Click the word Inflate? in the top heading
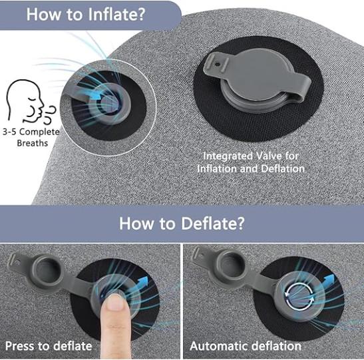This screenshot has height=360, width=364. point(116,15)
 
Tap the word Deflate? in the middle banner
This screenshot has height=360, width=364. point(213,224)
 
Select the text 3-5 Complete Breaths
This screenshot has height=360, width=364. point(31,137)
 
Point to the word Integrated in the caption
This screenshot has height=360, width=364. point(228,156)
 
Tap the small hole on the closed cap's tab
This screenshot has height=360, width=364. point(217,65)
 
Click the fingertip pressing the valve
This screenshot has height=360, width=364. point(115,301)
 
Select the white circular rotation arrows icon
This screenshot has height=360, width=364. point(299,297)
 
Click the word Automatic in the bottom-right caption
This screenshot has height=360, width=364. point(216,346)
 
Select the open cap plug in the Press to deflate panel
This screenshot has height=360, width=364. point(47,270)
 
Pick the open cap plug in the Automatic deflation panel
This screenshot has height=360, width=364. point(230,267)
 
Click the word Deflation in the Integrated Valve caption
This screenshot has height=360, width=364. point(283,169)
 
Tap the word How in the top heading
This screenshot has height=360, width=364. point(44,15)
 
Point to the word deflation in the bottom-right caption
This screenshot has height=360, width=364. point(273,346)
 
